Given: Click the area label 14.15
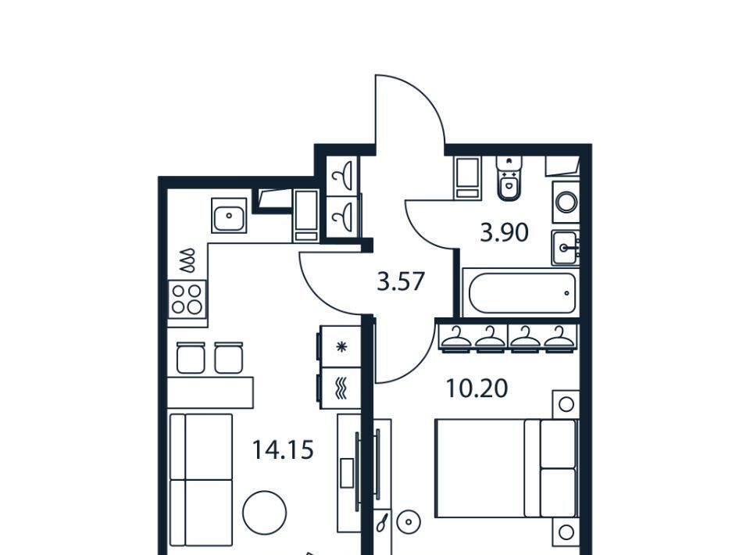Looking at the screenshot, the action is [283, 449].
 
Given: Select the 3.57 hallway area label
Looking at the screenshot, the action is [401, 281].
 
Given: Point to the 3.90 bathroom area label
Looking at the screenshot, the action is [504, 233].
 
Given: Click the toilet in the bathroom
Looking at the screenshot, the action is [509, 178].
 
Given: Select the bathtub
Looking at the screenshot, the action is [521, 293].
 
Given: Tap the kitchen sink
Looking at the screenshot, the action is [230, 216].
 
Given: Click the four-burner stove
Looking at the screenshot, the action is [187, 299].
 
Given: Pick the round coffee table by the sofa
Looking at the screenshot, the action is [265, 513].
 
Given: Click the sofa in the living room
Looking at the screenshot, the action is [202, 479].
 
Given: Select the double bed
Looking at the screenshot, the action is [507, 468].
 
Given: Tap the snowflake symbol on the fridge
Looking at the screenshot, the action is [341, 347].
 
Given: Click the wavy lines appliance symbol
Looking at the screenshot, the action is [341, 388].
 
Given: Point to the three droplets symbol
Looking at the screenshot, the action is [187, 260].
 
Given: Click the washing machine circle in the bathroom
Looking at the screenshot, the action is [566, 202].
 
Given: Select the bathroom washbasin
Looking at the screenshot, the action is [566, 247].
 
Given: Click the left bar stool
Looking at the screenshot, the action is [191, 357].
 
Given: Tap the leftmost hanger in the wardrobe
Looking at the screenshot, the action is [455, 338].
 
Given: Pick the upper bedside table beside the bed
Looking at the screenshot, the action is [566, 404].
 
